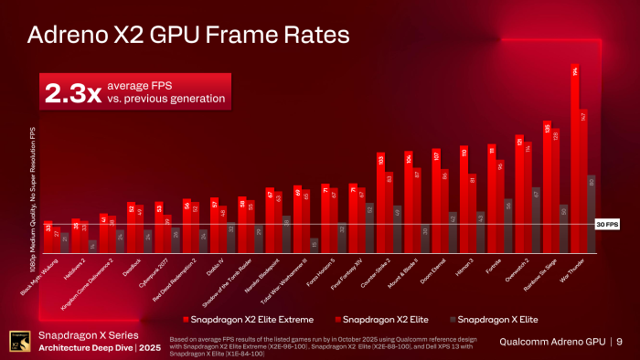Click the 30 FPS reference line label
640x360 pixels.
click(x=607, y=224)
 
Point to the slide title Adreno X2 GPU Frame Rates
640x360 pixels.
click(x=187, y=37)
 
